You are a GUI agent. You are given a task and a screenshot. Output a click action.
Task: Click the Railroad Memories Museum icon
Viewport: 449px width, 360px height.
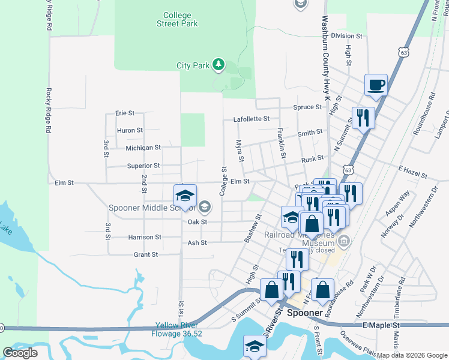click(x=344, y=242)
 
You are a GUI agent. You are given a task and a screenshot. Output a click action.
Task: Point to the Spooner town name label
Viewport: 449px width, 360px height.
click(x=306, y=313)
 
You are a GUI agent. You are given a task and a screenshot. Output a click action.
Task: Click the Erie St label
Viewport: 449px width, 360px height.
click(x=125, y=113)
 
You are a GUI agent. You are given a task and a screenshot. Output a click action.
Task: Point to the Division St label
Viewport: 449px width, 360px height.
click(x=347, y=36)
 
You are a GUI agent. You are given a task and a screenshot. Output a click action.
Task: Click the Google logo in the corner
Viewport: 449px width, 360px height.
click(x=20, y=353)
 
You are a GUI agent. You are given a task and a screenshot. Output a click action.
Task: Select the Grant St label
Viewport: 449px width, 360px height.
click(x=145, y=254)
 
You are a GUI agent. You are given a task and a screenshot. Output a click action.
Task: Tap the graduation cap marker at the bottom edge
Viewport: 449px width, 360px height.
click(x=255, y=347)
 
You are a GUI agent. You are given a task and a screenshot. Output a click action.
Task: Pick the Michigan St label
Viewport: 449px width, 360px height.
click(x=143, y=148)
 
